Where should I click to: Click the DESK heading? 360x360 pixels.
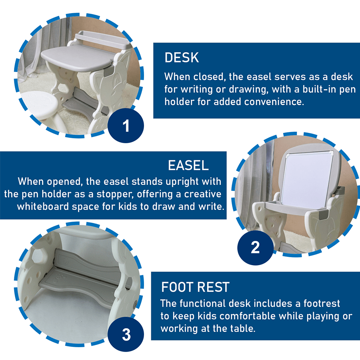coord(182,58)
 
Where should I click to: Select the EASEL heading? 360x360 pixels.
coord(188,165)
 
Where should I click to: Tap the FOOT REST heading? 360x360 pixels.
coord(195,287)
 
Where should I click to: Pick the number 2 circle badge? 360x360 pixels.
coord(255,248)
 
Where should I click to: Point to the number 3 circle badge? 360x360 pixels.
coord(126,334)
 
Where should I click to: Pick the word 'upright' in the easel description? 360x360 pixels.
coord(179,181)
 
